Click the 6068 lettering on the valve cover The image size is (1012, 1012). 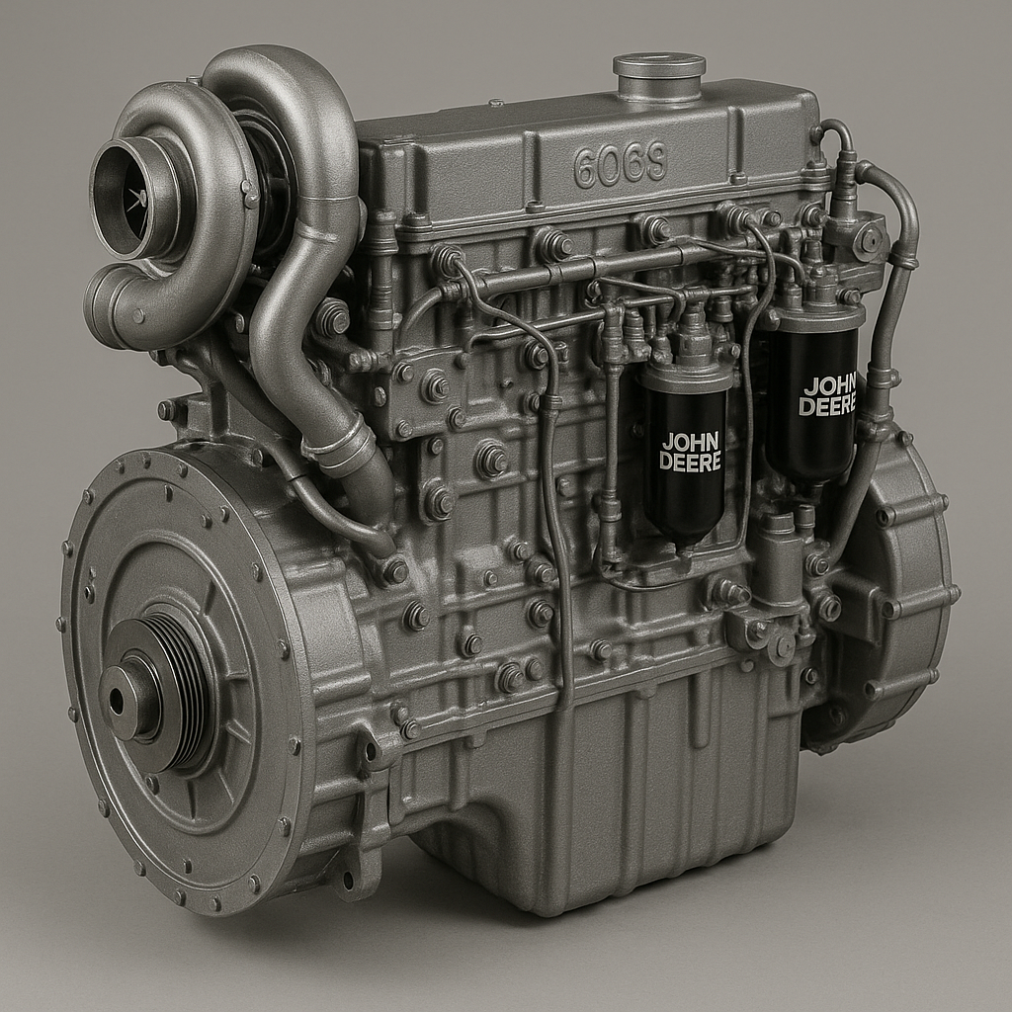[620, 165]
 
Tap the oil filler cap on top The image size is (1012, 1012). [658, 75]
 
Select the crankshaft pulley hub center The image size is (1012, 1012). [118, 700]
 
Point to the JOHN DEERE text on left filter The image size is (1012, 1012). [691, 452]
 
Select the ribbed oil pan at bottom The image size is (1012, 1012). [613, 791]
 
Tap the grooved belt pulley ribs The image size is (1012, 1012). [188, 692]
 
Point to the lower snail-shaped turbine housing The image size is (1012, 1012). [138, 306]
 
